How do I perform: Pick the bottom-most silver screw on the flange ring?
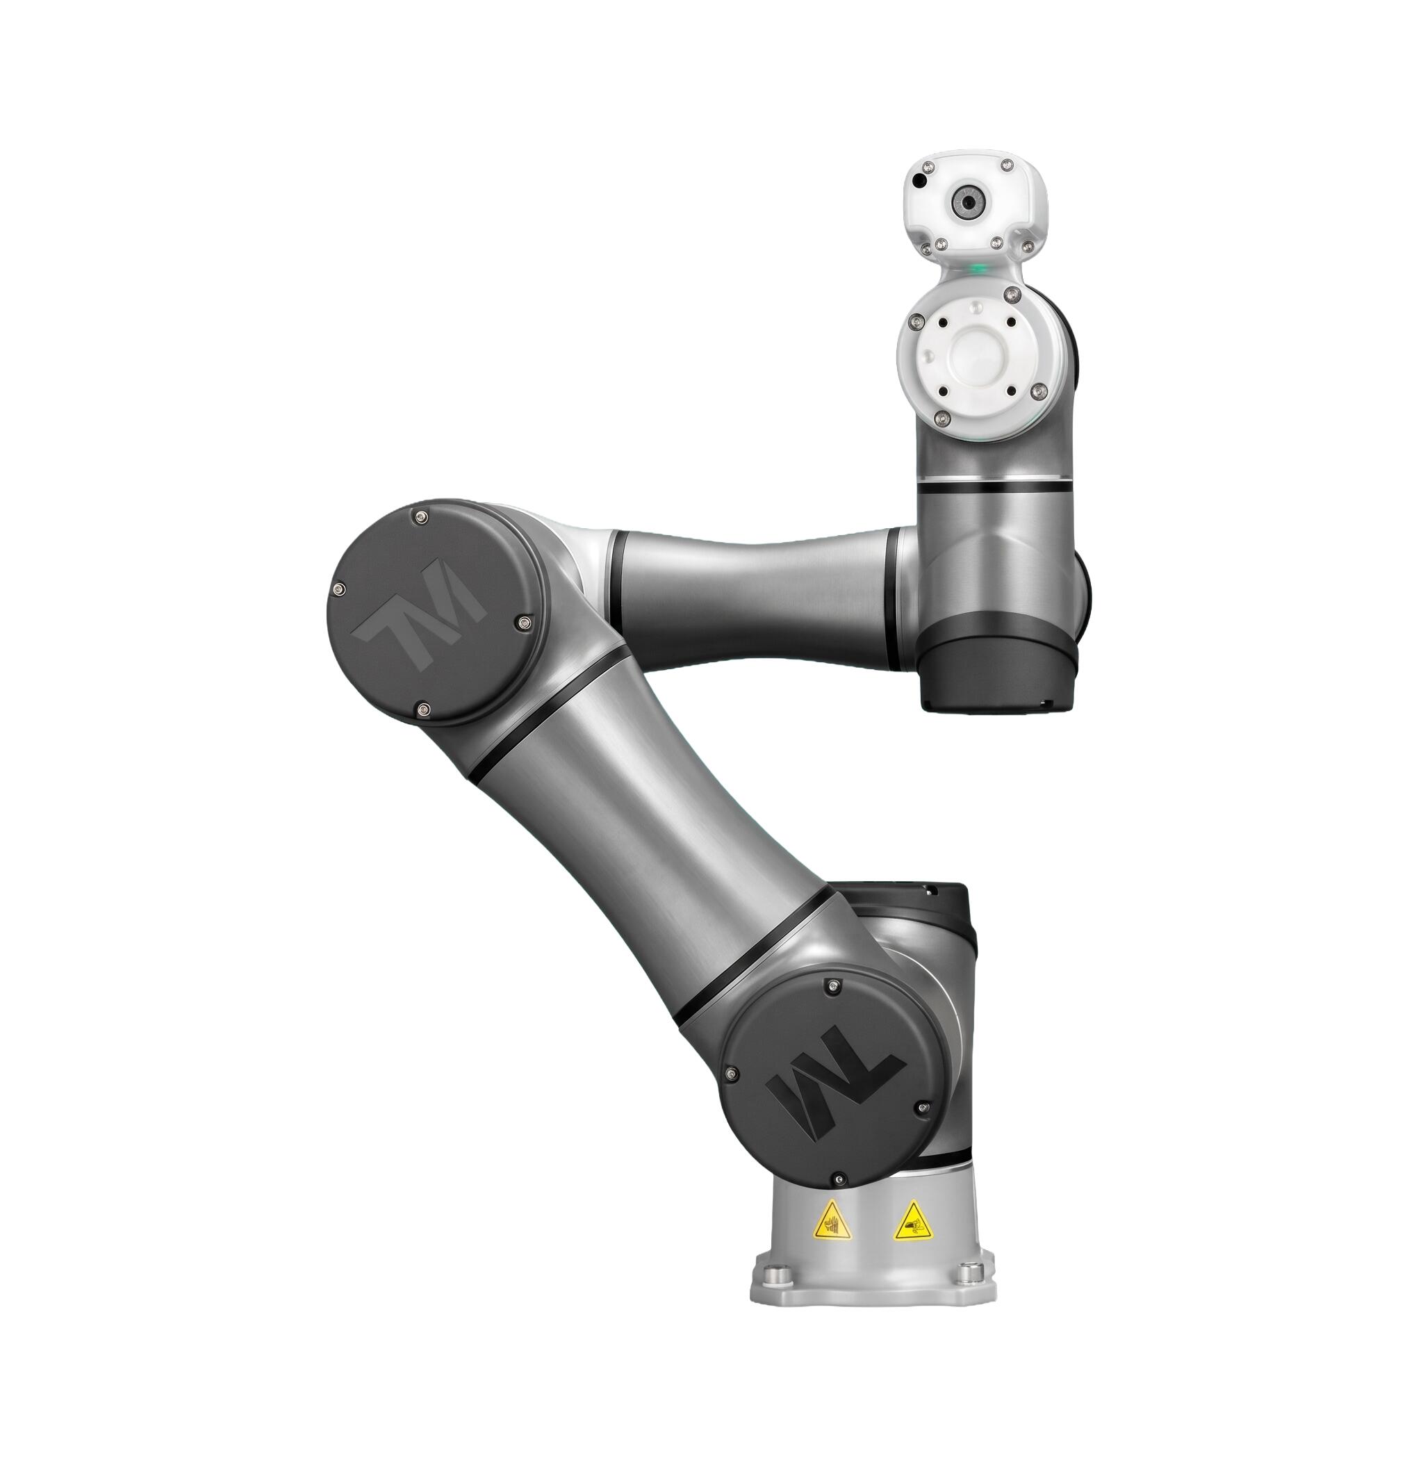pos(943,416)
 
